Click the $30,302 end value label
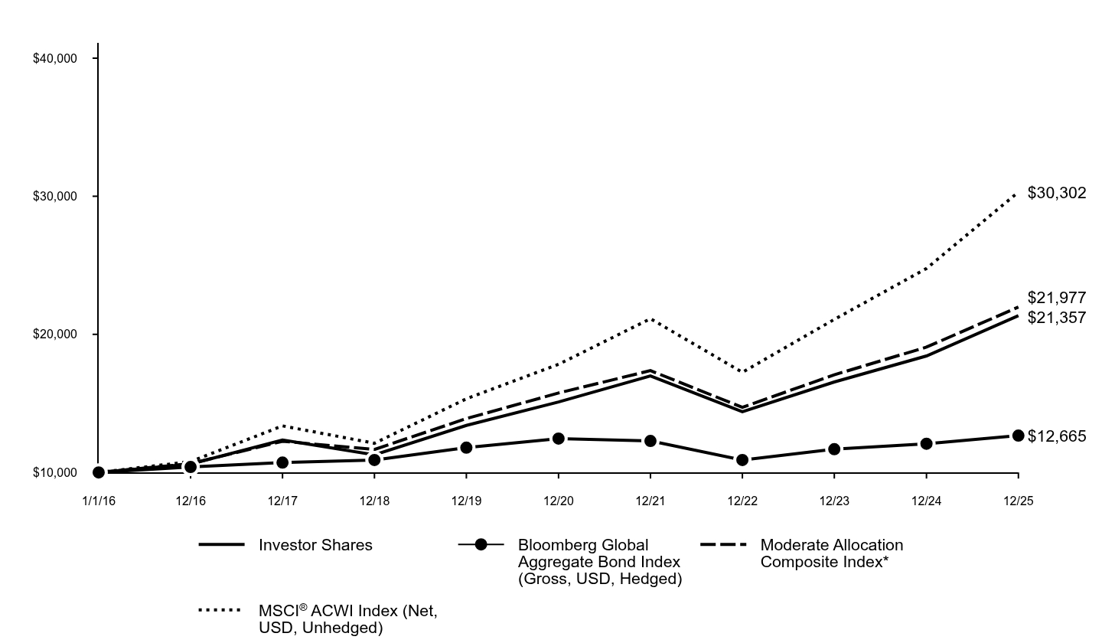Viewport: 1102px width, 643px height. pos(1056,193)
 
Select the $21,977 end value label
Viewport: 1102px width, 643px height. pos(1056,298)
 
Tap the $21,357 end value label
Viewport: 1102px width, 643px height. pos(1056,317)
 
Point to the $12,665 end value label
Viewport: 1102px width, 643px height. pos(1056,436)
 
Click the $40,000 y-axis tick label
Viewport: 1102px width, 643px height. pos(55,59)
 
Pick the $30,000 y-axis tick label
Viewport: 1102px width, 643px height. pos(55,197)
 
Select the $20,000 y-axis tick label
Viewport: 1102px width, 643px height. pos(55,335)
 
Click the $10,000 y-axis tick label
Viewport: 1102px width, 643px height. pos(55,473)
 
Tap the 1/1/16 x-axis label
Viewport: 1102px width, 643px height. pos(98,501)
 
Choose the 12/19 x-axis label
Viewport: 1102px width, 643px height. pos(466,501)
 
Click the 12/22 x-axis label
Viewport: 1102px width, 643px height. pos(742,501)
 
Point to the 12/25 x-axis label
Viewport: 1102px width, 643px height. pos(1018,501)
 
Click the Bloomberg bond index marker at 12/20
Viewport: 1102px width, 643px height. pos(558,439)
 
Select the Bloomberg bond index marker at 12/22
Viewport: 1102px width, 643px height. pos(742,460)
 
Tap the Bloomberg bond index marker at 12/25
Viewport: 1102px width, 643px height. pos(1018,436)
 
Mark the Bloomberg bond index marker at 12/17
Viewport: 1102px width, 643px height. pos(282,462)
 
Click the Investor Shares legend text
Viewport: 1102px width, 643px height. pos(315,545)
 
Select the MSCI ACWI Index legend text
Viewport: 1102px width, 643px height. pos(348,619)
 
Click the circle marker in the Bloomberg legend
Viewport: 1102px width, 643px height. pos(481,545)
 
